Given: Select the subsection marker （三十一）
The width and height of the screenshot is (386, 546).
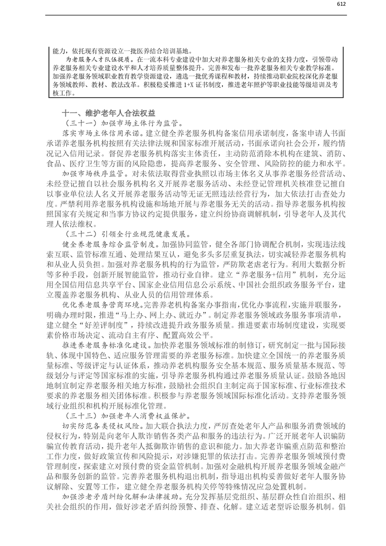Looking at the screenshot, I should pyautogui.click(x=79, y=123).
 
